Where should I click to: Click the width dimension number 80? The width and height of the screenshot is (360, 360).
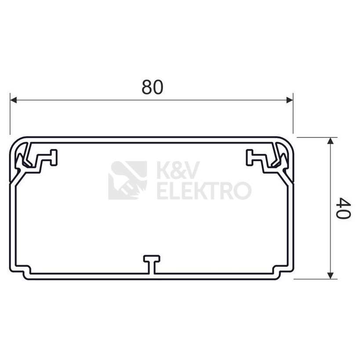point(152,87)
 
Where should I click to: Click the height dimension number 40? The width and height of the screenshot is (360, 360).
point(343,208)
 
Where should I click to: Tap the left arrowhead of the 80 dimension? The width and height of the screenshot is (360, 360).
point(14,100)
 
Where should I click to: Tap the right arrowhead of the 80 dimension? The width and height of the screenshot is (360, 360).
point(290,100)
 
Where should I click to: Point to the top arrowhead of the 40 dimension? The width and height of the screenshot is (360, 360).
point(330,141)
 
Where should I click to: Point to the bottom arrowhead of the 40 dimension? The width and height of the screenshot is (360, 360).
point(330,276)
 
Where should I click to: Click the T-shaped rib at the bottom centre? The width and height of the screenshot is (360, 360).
point(152,265)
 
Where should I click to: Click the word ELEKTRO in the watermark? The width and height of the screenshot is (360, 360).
point(204,190)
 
